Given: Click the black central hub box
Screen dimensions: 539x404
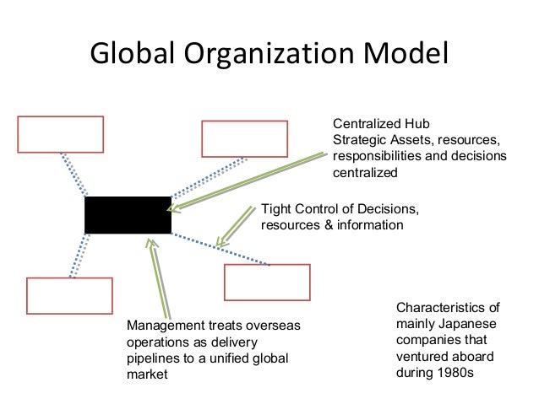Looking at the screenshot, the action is [x=128, y=216].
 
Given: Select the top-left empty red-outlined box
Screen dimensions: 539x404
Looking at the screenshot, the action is [x=61, y=134].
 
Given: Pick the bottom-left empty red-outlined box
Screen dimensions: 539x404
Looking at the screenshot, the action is [x=69, y=294].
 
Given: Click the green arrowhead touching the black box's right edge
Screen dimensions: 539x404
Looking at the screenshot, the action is [x=174, y=207].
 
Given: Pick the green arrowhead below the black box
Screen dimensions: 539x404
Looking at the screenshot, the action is [x=152, y=242].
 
